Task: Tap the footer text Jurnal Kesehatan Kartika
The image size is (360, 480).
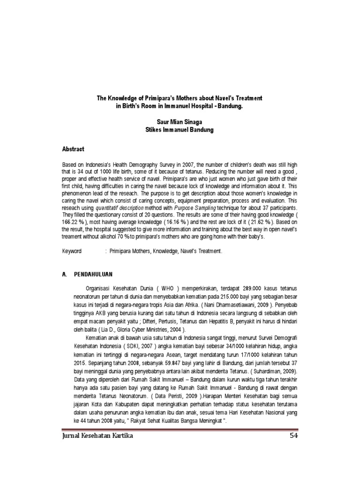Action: click(97, 435)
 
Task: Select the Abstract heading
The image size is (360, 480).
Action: click(73, 149)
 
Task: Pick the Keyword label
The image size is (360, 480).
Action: click(72, 251)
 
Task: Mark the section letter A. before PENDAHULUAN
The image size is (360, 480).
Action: click(65, 274)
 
